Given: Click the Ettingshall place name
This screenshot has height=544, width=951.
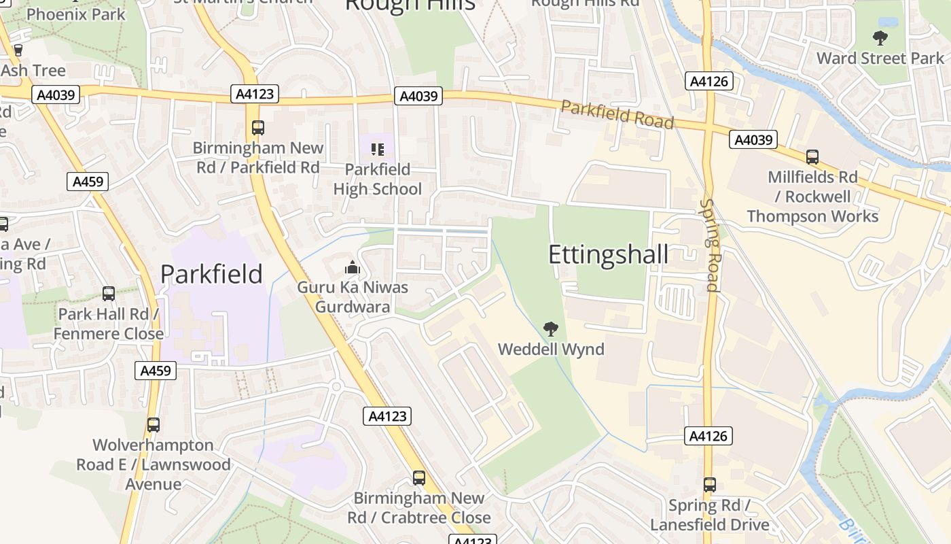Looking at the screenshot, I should pos(608,254).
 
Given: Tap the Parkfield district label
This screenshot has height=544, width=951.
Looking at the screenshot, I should pos(211,274).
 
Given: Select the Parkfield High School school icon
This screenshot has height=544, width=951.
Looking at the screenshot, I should pos(377,149).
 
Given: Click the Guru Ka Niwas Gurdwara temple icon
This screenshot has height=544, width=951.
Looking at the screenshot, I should pos(352,267).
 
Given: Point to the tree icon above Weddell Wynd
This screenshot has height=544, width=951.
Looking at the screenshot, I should pos(551,330).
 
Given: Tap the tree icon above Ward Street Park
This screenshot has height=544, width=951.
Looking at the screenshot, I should pos(880,38).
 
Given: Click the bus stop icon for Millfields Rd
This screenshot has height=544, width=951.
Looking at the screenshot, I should pos(812,157).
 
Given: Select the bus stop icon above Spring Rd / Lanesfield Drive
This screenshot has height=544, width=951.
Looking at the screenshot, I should pos(710,485).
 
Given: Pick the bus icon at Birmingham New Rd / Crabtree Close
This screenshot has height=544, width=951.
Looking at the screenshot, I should pos(419,478).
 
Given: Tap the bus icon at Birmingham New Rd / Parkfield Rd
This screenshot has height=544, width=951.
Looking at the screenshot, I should pos(257,127).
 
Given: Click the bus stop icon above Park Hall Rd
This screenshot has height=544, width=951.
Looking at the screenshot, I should pos(108,294).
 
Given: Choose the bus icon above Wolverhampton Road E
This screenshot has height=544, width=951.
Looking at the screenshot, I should pos(154,425).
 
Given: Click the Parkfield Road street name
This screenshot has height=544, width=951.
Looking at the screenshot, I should pos(617,115).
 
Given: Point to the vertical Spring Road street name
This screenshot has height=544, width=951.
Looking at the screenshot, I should pos(709,245).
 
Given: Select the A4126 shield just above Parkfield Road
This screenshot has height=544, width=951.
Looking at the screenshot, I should pos(708,82).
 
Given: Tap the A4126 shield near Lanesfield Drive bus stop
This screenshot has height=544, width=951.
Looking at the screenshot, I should pos(708,437).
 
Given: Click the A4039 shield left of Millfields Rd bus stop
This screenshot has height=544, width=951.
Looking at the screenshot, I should pos(753,140).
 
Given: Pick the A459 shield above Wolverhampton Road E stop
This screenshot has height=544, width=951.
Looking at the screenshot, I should pos(156,371).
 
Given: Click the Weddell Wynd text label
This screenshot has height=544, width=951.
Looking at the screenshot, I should pos(551,350).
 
